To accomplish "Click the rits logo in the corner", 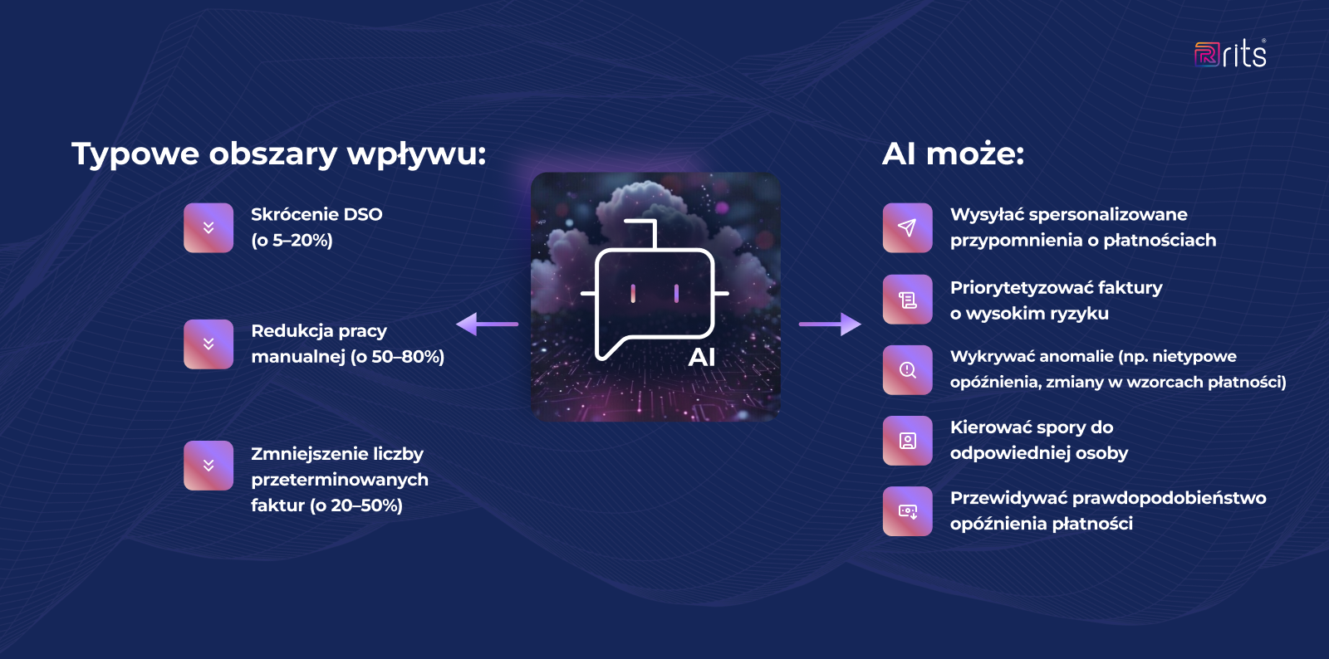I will tap(1230, 54).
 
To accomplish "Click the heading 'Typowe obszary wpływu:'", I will tap(278, 154).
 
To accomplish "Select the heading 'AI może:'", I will tap(953, 154).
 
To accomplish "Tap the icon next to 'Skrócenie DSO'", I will tap(208, 227).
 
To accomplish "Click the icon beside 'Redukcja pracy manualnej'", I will tap(208, 344).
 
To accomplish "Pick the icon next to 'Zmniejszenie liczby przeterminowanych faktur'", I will tap(208, 466).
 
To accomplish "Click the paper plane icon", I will tap(907, 227).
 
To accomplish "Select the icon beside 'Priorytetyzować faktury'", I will tap(907, 300).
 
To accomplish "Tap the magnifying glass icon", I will tap(907, 369).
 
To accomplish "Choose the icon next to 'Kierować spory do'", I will tap(907, 441).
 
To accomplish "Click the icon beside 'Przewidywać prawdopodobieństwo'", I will tap(907, 511).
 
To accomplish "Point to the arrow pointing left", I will tap(487, 324).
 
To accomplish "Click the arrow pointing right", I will tap(830, 324).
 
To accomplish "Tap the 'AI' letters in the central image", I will tap(702, 358).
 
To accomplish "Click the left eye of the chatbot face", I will tap(633, 293).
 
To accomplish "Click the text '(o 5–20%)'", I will tap(292, 241).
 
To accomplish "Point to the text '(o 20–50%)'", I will tap(356, 505).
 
